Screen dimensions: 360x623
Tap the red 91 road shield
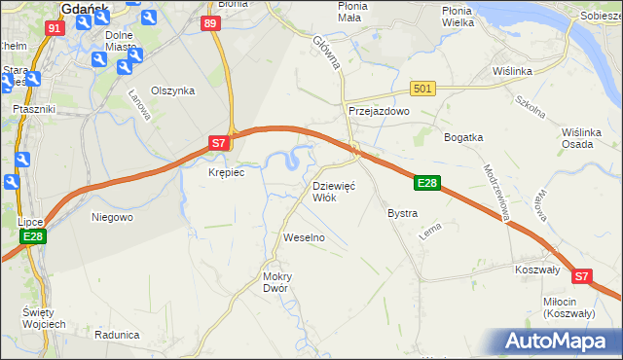(x=55, y=28)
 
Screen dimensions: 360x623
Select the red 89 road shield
(x=209, y=23)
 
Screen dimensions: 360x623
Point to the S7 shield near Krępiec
(x=221, y=143)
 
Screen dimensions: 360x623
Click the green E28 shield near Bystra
(x=427, y=182)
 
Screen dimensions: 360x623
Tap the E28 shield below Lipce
(x=33, y=236)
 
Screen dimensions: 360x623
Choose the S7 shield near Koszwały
(x=581, y=276)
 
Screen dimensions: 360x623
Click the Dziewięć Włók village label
(x=334, y=192)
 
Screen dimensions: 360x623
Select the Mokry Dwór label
(x=277, y=282)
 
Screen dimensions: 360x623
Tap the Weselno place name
(x=303, y=237)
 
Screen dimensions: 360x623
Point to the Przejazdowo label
(x=380, y=112)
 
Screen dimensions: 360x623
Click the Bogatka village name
(x=463, y=137)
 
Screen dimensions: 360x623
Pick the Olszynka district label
(x=172, y=90)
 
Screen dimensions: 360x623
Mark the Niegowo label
(x=111, y=217)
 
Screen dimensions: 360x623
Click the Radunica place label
(x=118, y=334)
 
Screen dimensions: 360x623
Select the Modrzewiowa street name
(x=497, y=190)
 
